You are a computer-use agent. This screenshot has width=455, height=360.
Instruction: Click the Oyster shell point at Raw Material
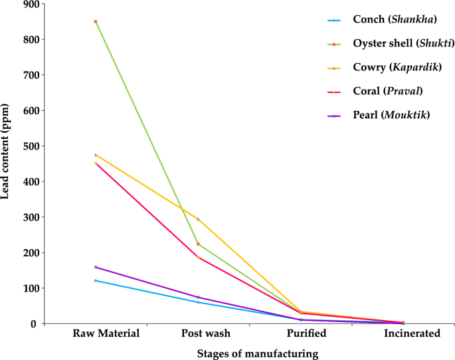tap(96, 22)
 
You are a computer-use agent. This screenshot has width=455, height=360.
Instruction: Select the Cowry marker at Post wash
tap(198, 219)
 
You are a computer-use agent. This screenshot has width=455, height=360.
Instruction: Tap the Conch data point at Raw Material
tap(96, 281)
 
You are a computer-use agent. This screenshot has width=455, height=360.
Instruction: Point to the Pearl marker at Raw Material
tap(96, 267)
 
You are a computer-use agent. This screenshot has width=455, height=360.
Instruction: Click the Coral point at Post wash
tap(198, 257)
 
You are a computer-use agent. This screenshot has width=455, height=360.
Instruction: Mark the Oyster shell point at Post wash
tap(198, 244)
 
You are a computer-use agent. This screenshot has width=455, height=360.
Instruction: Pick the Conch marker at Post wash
tap(198, 302)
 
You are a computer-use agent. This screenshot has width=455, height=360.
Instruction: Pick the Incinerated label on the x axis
tap(412, 333)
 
